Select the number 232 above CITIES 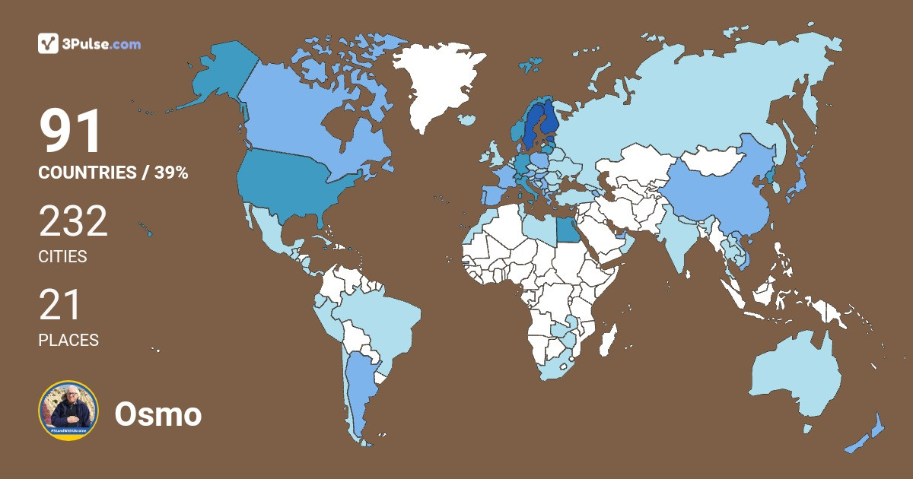[x=73, y=223]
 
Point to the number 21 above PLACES [x=59, y=306]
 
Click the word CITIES [x=62, y=256]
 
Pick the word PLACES [x=68, y=340]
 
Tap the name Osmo [x=158, y=414]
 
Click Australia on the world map [x=795, y=376]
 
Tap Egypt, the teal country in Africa [x=567, y=229]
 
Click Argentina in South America [x=358, y=388]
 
